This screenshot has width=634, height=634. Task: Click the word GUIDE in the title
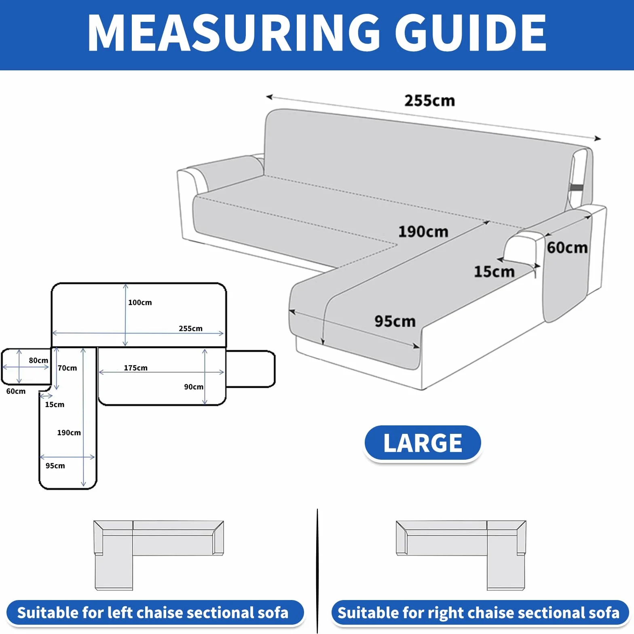[471, 33]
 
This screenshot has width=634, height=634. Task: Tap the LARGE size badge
[423, 443]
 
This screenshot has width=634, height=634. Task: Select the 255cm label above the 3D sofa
[430, 101]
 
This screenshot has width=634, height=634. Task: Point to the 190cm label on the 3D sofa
[423, 232]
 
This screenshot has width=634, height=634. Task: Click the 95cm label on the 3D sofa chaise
[395, 321]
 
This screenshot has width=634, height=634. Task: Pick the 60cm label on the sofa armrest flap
[567, 247]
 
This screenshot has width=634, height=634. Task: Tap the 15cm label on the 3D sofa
[494, 272]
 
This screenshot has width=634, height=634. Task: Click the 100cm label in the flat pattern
[140, 302]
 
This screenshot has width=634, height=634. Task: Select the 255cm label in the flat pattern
[190, 328]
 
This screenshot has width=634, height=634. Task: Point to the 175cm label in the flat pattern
[135, 368]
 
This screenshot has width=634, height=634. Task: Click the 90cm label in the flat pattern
[194, 387]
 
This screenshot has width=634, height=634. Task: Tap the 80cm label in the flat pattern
[38, 360]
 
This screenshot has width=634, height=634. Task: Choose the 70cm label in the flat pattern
[67, 368]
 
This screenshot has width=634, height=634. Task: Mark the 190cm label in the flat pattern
[69, 433]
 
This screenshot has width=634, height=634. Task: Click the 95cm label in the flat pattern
[55, 466]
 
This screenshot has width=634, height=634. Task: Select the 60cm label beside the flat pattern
[16, 391]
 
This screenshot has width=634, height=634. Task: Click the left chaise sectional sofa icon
[158, 555]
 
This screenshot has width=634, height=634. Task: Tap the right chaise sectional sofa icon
[461, 555]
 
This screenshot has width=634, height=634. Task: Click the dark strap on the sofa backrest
[577, 188]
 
